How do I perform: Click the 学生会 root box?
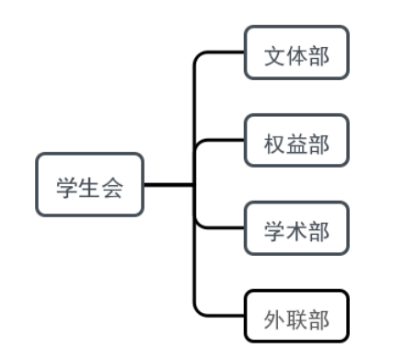(89, 184)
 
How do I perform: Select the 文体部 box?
(296, 52)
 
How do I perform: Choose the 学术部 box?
(296, 228)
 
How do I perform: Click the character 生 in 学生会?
(89, 185)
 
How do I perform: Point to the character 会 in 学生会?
(111, 185)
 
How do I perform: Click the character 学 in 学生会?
(67, 185)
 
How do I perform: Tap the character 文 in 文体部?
(274, 53)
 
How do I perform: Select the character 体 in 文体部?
(296, 53)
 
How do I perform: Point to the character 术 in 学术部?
(296, 229)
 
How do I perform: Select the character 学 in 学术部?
(274, 229)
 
